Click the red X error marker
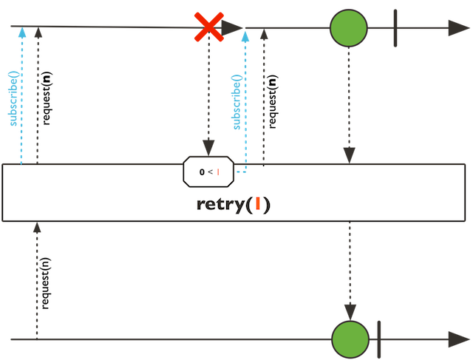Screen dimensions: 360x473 pos(208,27)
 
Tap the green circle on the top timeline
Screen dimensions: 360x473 pos(348,28)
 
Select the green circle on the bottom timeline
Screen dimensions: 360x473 pos(350,339)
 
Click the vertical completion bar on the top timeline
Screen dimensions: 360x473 pos(396,28)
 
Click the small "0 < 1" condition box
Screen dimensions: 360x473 pos(208,171)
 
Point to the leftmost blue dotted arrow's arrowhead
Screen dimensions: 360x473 pos(22,33)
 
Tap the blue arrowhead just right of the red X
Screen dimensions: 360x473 pos(245,35)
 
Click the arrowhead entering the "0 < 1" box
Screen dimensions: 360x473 pos(208,148)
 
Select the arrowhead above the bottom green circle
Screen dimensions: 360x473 pos(350,311)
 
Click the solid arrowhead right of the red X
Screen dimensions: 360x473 pos(232,28)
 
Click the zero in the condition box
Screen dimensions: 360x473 pos(202,171)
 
